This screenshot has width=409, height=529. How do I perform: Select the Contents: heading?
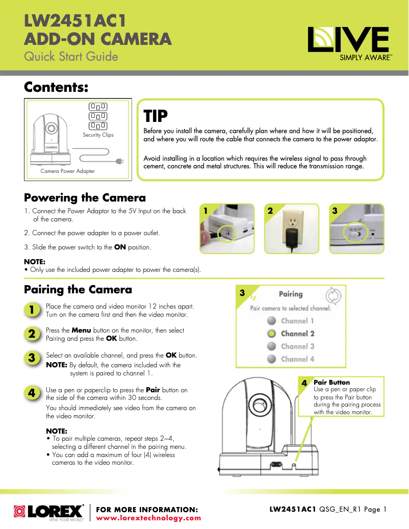click(57, 87)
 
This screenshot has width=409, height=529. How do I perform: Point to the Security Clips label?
click(98, 135)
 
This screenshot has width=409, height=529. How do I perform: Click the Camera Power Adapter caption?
click(67, 171)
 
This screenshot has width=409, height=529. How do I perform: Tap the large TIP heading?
click(156, 116)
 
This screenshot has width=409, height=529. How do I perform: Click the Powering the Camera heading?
click(85, 197)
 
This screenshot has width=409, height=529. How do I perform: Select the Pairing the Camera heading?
click(78, 289)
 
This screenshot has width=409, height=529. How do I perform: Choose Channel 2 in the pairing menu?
click(297, 334)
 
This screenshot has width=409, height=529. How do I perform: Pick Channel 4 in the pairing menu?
click(297, 359)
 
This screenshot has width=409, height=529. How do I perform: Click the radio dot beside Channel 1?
click(272, 321)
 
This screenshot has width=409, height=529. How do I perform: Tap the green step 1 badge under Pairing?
click(32, 310)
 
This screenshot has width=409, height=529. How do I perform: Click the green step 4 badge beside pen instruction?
click(32, 393)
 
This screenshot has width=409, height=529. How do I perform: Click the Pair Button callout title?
click(331, 382)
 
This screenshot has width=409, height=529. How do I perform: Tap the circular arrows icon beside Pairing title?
click(333, 295)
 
